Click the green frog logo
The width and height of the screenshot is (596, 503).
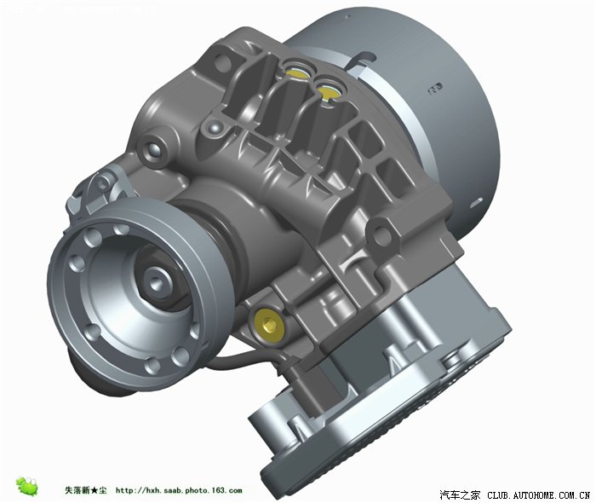[27, 486]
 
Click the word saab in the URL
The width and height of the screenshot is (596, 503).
[172, 490]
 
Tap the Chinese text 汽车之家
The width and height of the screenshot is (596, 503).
[460, 494]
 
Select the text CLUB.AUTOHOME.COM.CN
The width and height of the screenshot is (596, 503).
[539, 495]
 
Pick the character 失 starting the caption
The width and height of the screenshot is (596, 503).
[69, 490]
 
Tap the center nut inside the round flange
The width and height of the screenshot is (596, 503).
[156, 282]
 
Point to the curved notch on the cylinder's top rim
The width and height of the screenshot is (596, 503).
[362, 59]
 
